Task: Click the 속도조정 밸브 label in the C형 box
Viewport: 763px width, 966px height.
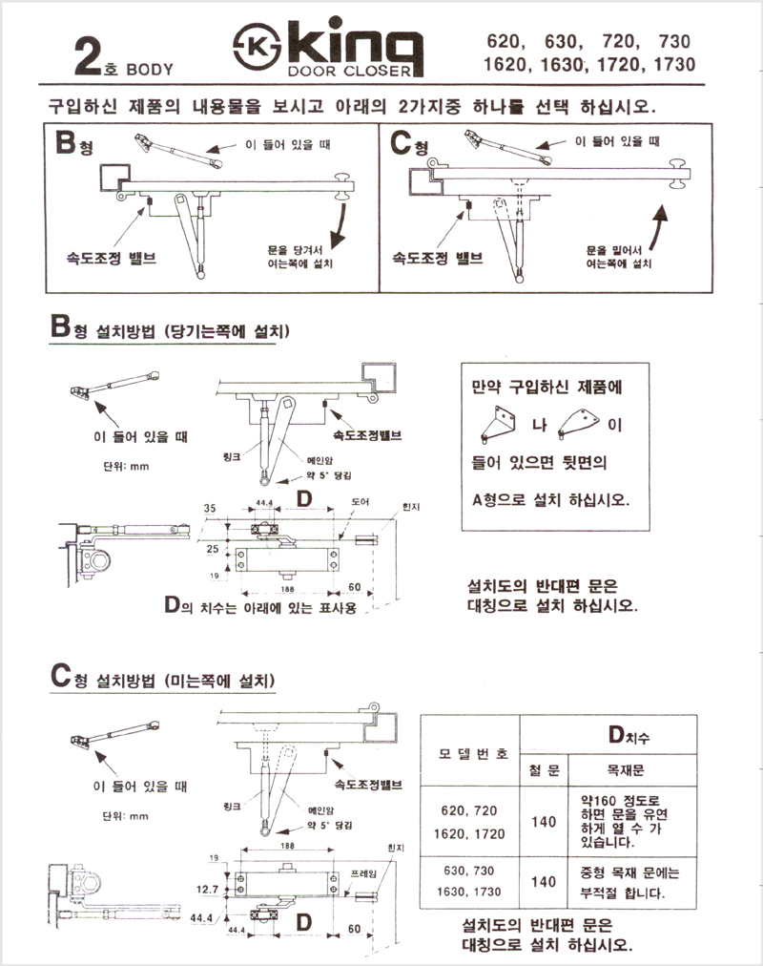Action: click(443, 258)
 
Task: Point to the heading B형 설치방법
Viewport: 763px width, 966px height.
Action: click(171, 332)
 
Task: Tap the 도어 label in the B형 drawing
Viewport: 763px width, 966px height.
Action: click(360, 501)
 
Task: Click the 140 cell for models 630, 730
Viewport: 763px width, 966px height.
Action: click(544, 882)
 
